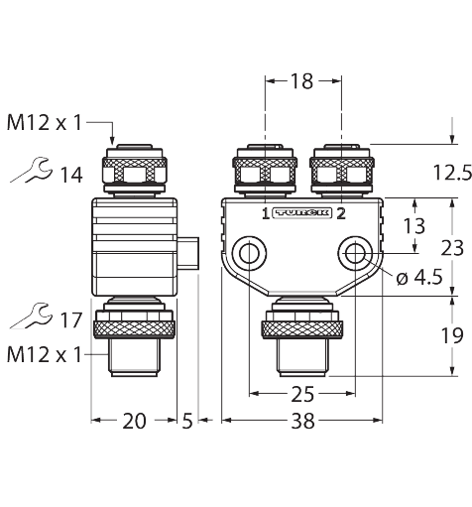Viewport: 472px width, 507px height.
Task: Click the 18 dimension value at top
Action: (300, 82)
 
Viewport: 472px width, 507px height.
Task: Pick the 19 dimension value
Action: (450, 335)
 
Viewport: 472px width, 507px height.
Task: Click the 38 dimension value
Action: (303, 422)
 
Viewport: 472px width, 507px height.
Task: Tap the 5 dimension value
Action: (187, 422)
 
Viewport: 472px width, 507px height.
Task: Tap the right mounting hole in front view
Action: (354, 253)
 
